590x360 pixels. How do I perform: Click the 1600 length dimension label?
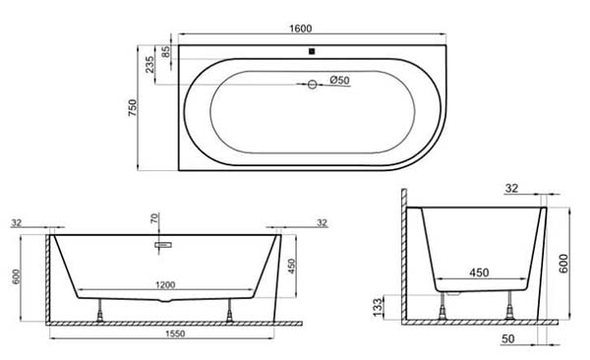click(x=301, y=29)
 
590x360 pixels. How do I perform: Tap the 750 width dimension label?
click(x=133, y=107)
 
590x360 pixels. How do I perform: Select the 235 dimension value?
click(x=149, y=64)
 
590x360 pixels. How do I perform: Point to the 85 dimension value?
click(x=165, y=52)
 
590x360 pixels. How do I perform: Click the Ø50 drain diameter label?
click(x=339, y=80)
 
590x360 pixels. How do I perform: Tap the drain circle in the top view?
click(x=313, y=85)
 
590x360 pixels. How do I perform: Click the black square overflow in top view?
click(x=312, y=51)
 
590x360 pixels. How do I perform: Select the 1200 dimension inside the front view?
click(x=165, y=284)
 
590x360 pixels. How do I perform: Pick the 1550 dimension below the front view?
click(x=175, y=333)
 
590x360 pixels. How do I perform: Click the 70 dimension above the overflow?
click(x=154, y=218)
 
